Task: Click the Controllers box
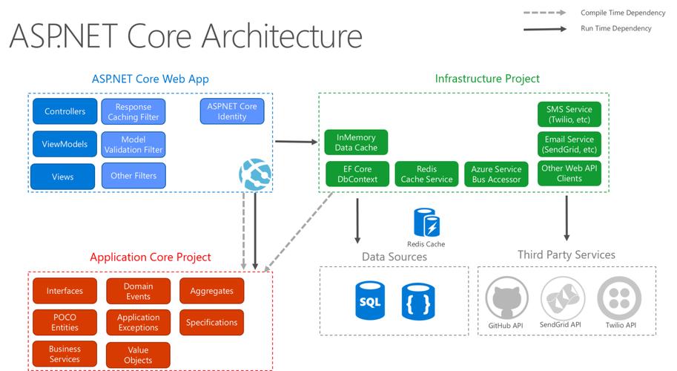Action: point(65,111)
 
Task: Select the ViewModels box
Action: point(65,144)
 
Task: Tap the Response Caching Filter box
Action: point(133,112)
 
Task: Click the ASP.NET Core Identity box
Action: point(232,111)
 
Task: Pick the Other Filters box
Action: point(133,176)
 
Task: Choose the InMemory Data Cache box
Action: point(356,142)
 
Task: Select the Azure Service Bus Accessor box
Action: point(496,174)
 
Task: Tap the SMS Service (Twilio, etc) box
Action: point(569,114)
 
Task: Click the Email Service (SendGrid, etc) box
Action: point(569,144)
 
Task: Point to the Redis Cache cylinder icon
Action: point(426,223)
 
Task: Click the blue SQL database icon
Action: point(369,300)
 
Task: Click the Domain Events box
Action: point(138,291)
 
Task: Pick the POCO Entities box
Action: point(65,322)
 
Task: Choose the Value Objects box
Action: point(138,355)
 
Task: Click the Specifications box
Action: point(211,322)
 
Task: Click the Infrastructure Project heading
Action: point(487,78)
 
